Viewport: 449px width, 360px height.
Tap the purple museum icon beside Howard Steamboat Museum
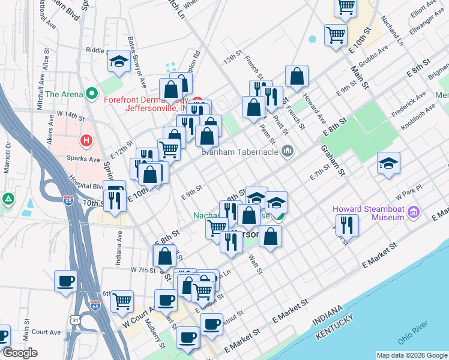click(x=414, y=212)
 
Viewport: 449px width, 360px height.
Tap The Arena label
click(x=64, y=94)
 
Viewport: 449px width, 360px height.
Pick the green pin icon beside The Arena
click(x=91, y=94)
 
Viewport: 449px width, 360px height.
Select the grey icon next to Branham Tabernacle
click(x=288, y=150)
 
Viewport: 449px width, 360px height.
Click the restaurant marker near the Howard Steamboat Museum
click(x=347, y=225)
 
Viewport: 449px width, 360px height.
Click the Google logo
click(x=20, y=353)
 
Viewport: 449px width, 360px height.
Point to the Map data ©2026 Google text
click(x=412, y=355)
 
